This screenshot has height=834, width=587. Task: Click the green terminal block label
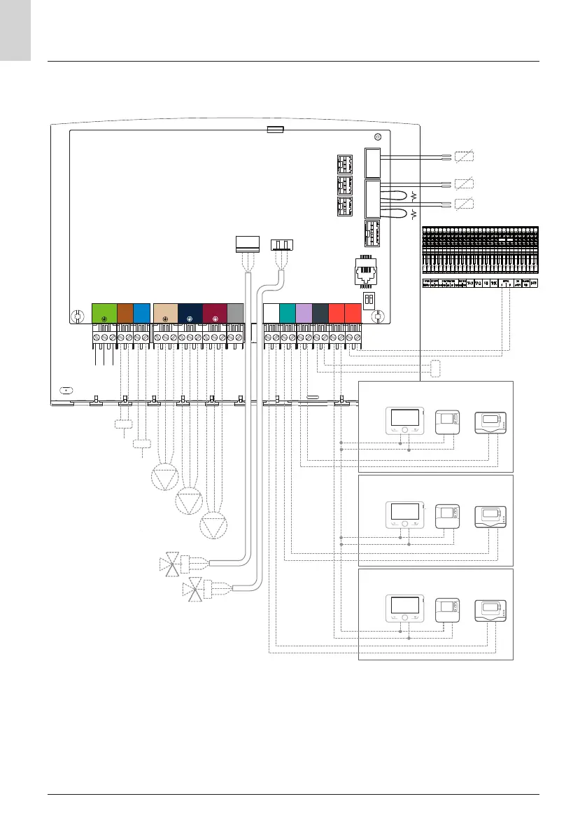(x=104, y=313)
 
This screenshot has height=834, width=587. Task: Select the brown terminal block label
(x=125, y=313)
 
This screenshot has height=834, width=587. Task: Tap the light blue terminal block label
(x=141, y=313)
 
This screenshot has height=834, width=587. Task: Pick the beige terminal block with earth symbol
(x=165, y=313)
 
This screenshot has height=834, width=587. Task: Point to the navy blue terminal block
(x=190, y=313)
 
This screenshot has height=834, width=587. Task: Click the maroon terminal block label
(x=215, y=313)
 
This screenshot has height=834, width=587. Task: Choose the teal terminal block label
(x=288, y=313)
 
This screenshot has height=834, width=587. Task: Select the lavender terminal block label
(x=304, y=313)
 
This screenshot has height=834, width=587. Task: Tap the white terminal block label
(x=271, y=313)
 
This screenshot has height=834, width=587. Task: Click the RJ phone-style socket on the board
(x=367, y=270)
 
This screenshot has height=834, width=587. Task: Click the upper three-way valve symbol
(x=171, y=565)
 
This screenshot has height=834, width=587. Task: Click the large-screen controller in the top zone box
(x=405, y=421)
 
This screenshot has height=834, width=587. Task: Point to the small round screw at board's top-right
(x=378, y=137)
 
